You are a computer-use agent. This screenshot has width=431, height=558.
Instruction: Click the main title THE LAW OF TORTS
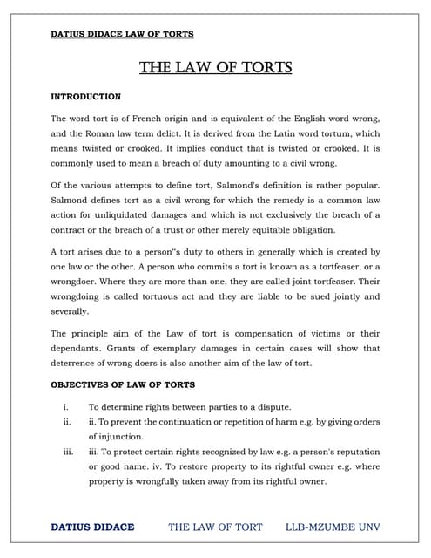tap(215, 67)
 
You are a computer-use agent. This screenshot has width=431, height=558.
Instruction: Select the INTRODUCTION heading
tap(85, 96)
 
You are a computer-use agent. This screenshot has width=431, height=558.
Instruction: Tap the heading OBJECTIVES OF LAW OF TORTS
tap(123, 384)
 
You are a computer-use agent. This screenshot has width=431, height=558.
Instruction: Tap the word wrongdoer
tap(81, 282)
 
